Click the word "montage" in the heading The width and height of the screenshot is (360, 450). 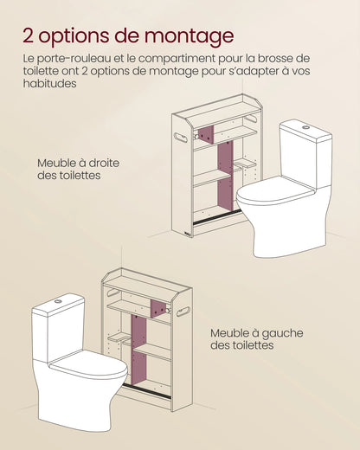184,35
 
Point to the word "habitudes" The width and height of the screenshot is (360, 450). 51,84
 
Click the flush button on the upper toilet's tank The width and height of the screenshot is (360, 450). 305,127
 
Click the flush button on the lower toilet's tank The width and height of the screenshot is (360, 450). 58,301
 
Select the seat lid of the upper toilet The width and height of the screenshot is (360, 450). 275,193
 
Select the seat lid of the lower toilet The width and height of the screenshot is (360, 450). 87,364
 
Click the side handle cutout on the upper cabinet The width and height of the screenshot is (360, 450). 181,138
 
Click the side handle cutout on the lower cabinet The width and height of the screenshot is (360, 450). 183,311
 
